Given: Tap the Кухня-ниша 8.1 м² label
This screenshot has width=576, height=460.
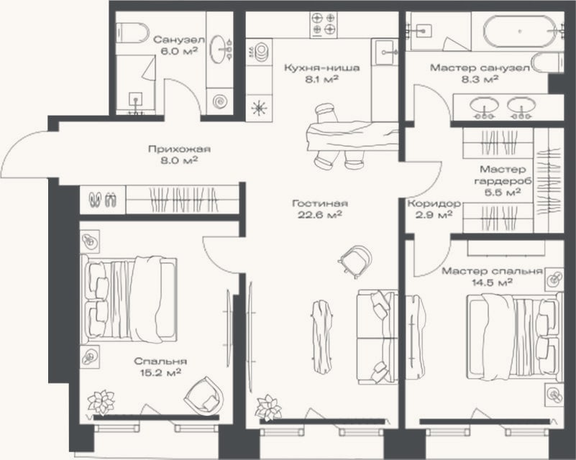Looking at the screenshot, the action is pos(321,73).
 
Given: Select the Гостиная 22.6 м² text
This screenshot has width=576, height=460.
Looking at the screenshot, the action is pos(320,208).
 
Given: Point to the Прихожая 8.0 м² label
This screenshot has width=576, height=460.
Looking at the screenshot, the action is pos(179,155).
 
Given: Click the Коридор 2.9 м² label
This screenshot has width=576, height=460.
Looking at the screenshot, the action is pos(434,208).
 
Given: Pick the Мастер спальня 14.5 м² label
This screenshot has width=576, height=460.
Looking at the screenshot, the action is pos(493,277).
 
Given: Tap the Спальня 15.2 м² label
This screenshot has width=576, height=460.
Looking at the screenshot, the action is pos(160,367).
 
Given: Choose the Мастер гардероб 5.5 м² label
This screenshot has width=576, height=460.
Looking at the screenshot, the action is pos(503,180).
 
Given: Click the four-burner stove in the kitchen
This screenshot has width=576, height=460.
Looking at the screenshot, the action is pos(324,24).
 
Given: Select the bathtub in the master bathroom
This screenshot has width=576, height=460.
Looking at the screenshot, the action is pos(519,32).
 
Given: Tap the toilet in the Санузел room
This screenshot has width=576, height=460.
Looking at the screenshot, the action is pos(132,33).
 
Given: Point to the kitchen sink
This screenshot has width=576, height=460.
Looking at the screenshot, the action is pos(384,52).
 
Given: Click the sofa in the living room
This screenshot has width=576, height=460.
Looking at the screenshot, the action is pos(378,336).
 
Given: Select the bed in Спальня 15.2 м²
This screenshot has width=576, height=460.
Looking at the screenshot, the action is pos(129,299).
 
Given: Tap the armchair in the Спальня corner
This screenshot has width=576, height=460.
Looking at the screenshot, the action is pos(204,396).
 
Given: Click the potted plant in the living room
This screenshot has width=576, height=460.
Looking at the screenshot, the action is pos(268,408).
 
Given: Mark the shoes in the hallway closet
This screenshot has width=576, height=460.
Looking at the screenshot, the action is pos(103,200).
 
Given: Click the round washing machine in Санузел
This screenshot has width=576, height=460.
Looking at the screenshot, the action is pos(219,101).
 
